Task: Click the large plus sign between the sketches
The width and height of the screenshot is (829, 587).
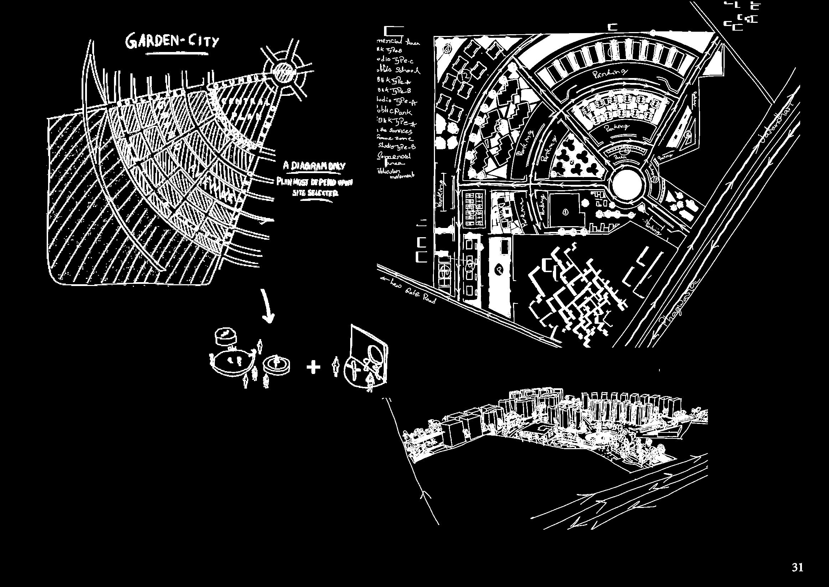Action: tap(313, 368)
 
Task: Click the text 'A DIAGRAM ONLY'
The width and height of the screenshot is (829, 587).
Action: tap(314, 166)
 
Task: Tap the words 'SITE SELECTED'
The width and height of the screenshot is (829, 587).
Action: tap(315, 193)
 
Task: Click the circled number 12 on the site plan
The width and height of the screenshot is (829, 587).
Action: tap(465, 76)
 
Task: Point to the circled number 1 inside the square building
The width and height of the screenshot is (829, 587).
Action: tap(566, 212)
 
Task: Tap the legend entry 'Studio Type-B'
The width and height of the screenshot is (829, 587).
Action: tap(397, 146)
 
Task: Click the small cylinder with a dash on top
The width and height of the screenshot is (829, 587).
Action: tap(224, 336)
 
